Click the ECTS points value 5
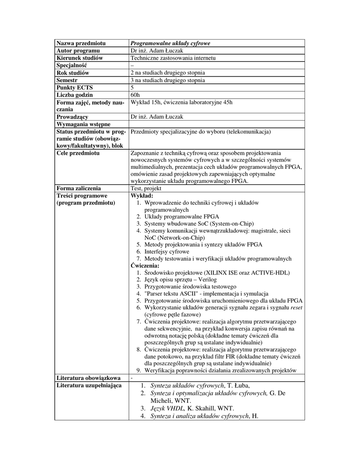coord(132,87)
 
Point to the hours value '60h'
coord(135,95)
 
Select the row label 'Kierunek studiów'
coord(80,58)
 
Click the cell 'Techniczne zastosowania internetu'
coord(173,58)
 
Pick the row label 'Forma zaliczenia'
coord(79,188)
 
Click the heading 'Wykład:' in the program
coord(142,195)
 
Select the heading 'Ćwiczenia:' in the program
coord(145,265)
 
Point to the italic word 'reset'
coord(296,308)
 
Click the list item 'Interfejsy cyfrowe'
coord(167,252)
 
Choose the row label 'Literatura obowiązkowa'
coord(88,378)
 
